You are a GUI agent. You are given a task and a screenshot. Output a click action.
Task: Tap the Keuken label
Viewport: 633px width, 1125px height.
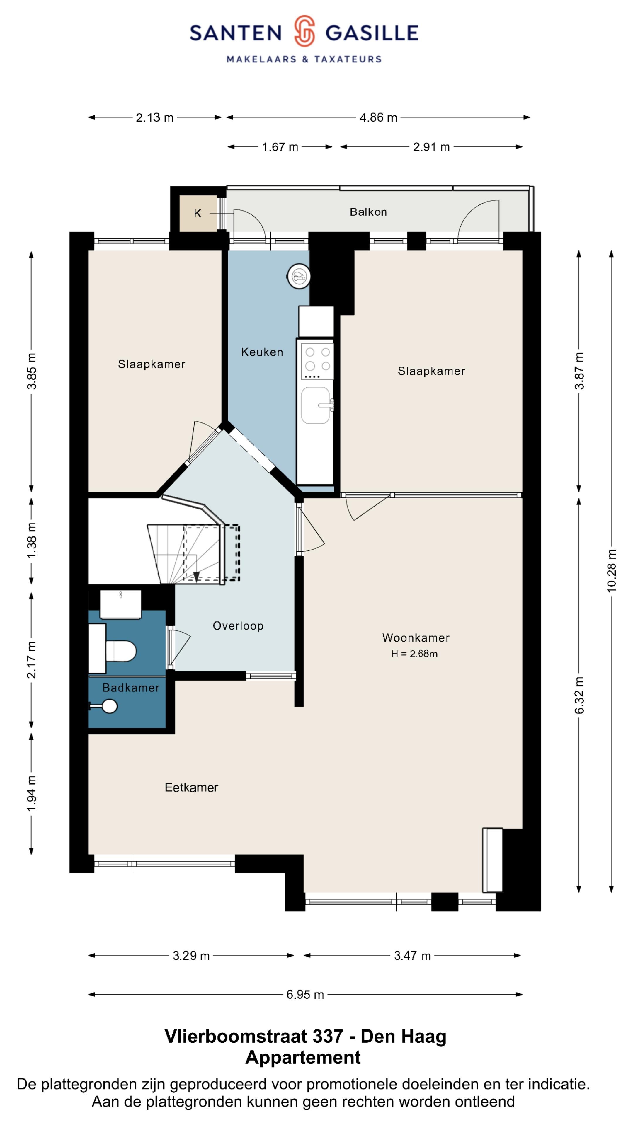[262, 352]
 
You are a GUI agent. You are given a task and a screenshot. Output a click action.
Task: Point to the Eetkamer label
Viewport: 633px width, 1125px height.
[191, 787]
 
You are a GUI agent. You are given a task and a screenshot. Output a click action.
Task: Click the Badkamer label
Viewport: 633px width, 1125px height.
[131, 688]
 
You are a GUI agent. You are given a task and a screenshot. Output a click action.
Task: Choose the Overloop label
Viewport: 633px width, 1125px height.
[238, 626]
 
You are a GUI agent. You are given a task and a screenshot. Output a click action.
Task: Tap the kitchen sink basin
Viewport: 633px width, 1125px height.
[315, 405]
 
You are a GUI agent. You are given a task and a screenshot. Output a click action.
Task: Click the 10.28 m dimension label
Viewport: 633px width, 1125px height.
[612, 571]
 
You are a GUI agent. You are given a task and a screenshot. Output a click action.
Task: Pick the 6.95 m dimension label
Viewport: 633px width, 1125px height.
[305, 994]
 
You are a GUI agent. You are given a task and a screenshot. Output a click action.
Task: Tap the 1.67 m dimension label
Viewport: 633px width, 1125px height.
[280, 147]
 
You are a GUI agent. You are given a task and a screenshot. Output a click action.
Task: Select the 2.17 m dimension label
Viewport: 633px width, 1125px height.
[31, 660]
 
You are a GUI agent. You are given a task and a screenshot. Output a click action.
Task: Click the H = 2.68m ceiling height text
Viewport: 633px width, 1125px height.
[414, 654]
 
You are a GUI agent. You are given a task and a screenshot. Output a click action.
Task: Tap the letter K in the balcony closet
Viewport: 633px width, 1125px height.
[198, 214]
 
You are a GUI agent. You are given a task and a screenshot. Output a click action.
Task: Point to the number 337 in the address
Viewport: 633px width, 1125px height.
[328, 1036]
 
